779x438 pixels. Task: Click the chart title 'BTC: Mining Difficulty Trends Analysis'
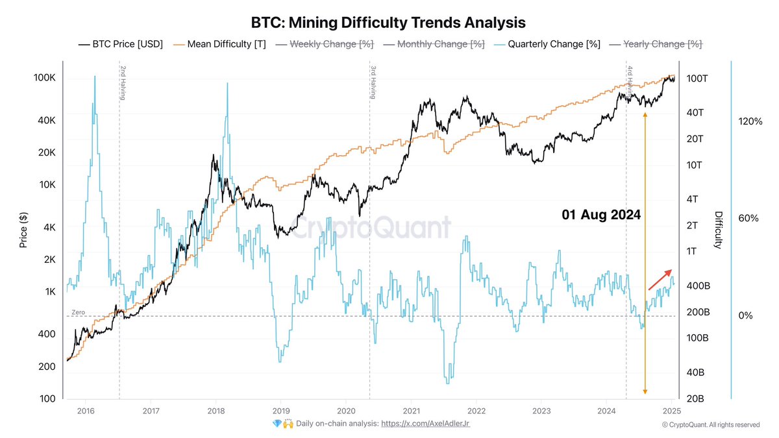pyautogui.click(x=388, y=23)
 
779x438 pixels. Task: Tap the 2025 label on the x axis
pyautogui.click(x=671, y=410)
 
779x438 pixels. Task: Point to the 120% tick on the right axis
pyautogui.click(x=750, y=121)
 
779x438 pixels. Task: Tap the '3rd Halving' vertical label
pyautogui.click(x=373, y=82)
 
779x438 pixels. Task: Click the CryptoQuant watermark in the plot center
pyautogui.click(x=369, y=228)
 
